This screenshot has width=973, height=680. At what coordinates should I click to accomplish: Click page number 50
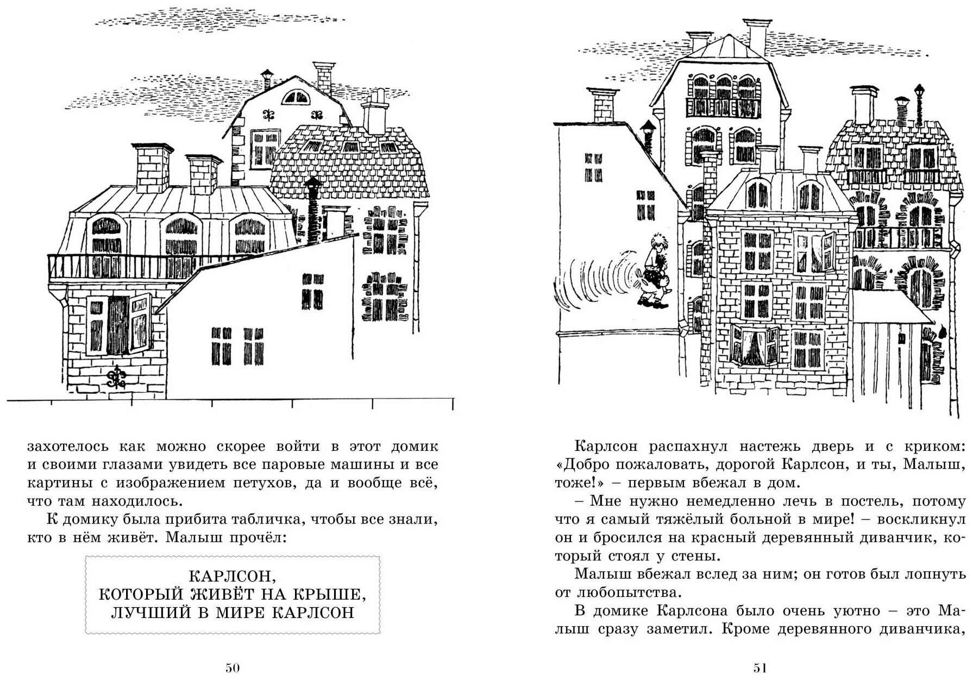(x=233, y=668)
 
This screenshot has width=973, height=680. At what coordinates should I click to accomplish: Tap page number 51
(x=759, y=668)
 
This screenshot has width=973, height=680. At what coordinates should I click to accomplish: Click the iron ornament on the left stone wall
(x=116, y=375)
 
